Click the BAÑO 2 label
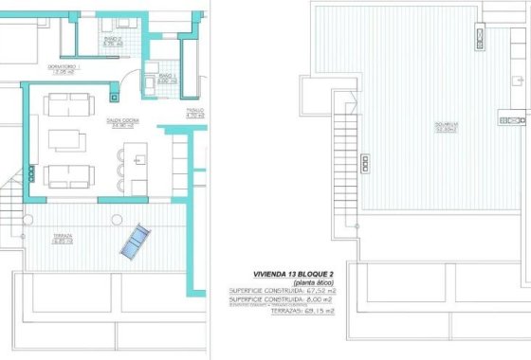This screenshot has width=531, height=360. (114, 42)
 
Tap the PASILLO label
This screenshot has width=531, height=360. (195, 114)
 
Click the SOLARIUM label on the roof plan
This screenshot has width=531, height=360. (414, 126)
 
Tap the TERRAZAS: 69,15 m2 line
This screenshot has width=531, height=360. (302, 309)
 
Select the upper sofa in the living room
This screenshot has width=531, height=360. (68, 102)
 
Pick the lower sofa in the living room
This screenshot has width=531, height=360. (68, 174)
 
